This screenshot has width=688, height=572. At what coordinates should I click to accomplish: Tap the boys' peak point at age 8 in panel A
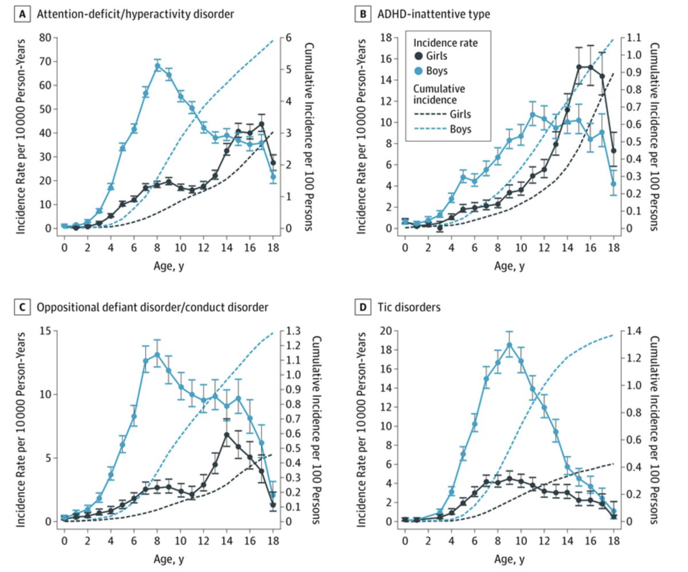click(x=157, y=65)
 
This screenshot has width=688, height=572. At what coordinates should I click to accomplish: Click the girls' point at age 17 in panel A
click(x=261, y=124)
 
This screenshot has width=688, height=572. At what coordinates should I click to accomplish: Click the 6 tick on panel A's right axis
click(x=290, y=38)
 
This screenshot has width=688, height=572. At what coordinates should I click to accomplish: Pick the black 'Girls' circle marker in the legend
click(x=419, y=56)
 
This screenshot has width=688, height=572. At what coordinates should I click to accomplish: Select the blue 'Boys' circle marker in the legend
click(x=419, y=71)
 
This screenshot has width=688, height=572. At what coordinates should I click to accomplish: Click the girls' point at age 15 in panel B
click(x=579, y=67)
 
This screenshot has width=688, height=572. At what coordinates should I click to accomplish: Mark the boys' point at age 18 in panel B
click(x=613, y=184)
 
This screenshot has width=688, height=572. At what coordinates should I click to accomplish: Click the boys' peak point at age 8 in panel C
click(x=157, y=355)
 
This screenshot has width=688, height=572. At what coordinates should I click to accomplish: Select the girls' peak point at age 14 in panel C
click(x=227, y=434)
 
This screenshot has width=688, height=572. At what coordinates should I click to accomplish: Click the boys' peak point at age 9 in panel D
click(x=509, y=344)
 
